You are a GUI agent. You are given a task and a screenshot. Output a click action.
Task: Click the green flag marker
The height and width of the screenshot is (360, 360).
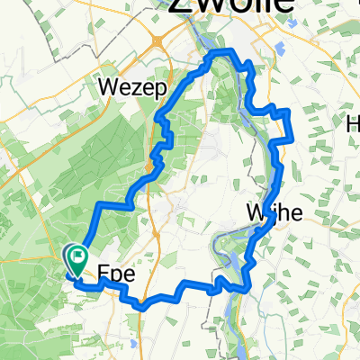pyautogui.click(x=77, y=261)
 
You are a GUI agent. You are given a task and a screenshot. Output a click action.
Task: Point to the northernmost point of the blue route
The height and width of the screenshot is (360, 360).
pyautogui.click(x=219, y=54)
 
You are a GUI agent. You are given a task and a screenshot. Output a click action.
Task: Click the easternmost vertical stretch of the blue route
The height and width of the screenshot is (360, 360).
pyautogui.click(x=288, y=125)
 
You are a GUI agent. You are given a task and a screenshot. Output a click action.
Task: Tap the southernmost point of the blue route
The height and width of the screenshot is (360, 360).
pyautogui.click(x=142, y=308)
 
